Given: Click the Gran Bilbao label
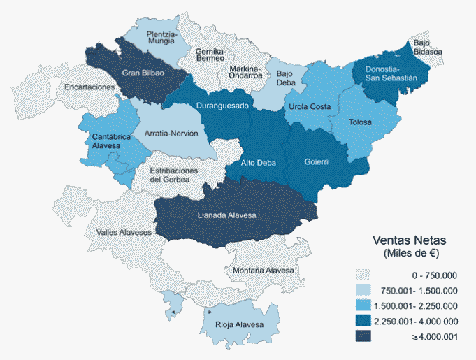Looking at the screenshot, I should [x=143, y=73].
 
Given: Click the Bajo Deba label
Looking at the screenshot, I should [x=284, y=77].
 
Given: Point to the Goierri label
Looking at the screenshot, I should [x=316, y=162].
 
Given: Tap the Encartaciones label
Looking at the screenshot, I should [x=89, y=87].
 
